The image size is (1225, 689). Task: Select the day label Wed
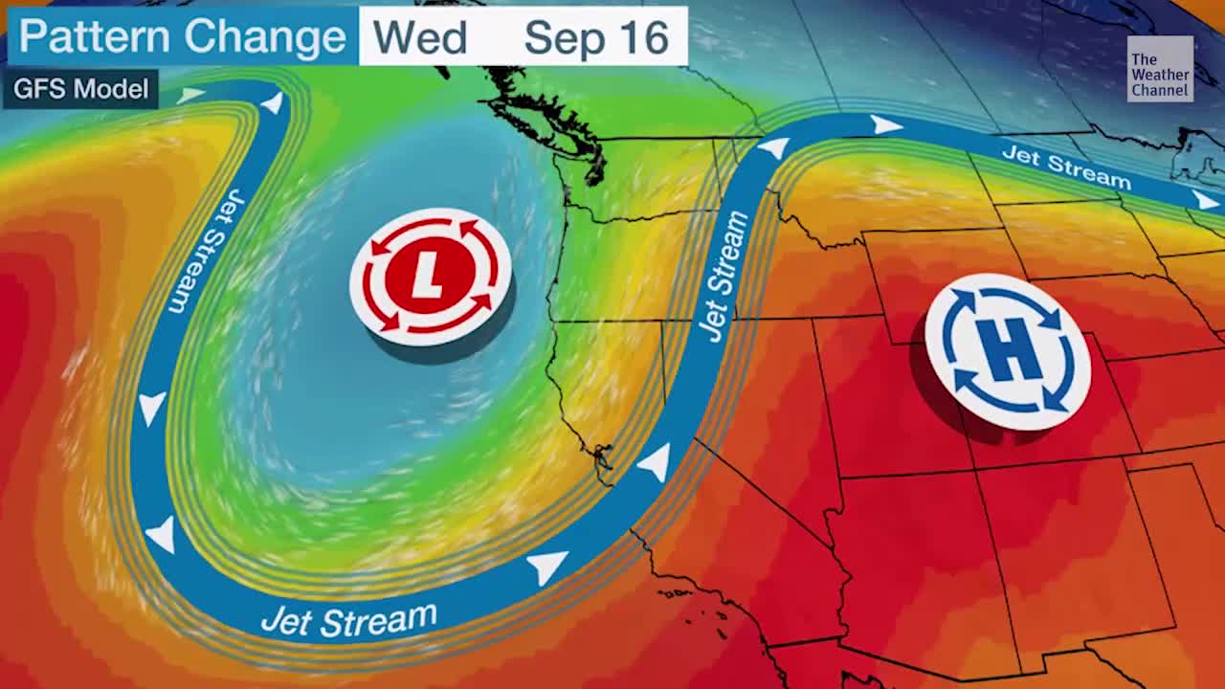coord(419,37)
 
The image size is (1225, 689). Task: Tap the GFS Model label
coord(81,89)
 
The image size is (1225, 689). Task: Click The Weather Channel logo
coord(1160,68)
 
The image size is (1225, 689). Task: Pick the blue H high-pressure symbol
coord(1008,351)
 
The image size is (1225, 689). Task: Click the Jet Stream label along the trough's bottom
coord(348,620)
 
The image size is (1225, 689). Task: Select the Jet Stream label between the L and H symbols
coord(724,277)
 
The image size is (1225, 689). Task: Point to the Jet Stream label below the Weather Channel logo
coord(1066,167)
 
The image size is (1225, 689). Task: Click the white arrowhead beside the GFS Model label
coord(192,94)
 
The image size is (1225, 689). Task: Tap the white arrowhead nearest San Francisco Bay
coord(655,464)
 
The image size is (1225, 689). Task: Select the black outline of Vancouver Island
coord(541,110)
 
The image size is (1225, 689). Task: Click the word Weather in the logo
coord(1160,76)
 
